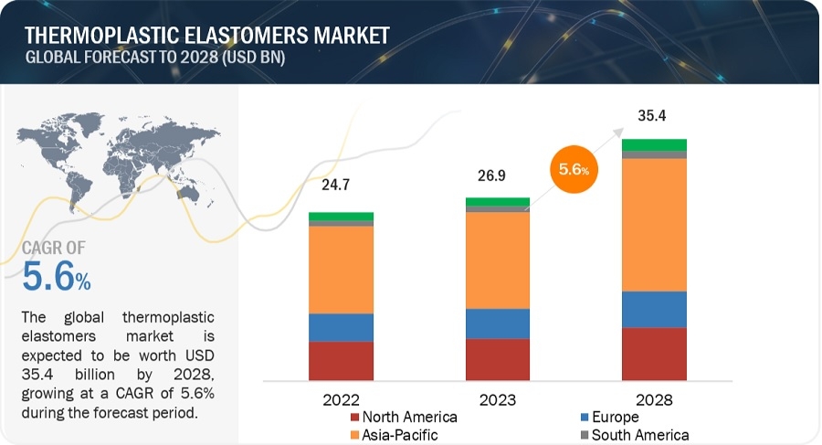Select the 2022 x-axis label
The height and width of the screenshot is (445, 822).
tap(341, 400)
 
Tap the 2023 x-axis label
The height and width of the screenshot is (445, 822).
tap(497, 400)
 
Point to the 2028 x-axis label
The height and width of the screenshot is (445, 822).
tap(653, 400)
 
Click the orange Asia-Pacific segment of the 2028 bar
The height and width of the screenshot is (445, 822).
tap(654, 225)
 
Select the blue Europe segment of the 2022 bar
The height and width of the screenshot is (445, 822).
tap(341, 327)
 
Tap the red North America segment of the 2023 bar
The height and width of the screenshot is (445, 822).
tap(497, 359)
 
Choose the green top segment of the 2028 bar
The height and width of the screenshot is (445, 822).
tap(654, 144)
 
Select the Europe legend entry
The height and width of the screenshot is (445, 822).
tap(620, 418)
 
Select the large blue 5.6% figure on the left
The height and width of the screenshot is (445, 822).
tap(55, 277)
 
